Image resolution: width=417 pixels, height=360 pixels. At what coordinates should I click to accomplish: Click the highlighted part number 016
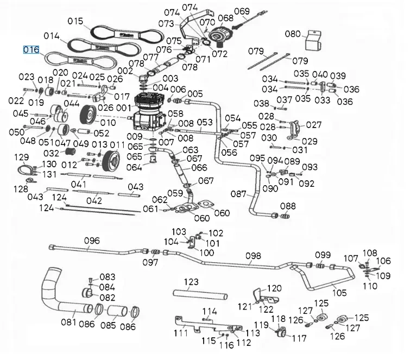pyautogui.click(x=31, y=50)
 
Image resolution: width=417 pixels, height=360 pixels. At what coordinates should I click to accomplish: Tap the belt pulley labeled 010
pyautogui.click(x=87, y=116)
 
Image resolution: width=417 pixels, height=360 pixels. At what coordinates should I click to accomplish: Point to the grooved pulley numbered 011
pyautogui.click(x=111, y=160)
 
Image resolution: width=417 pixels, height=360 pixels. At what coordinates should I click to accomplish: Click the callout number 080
pyautogui.click(x=293, y=34)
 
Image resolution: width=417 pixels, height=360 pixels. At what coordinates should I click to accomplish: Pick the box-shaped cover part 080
pyautogui.click(x=313, y=40)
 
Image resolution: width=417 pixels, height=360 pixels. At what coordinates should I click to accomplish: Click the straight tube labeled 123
pyautogui.click(x=200, y=295)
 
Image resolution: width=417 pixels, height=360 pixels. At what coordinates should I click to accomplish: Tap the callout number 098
pyautogui.click(x=253, y=256)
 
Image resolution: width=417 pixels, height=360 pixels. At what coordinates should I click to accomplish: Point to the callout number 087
pyautogui.click(x=238, y=194)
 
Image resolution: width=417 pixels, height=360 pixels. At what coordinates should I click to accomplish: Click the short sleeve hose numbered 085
pyautogui.click(x=117, y=311)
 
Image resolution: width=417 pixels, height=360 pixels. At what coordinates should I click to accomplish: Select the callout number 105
pyautogui.click(x=339, y=293)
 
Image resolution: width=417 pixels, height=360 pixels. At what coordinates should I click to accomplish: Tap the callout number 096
pyautogui.click(x=92, y=241)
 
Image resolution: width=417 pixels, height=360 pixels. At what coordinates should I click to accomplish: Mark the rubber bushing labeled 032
pyautogui.click(x=71, y=152)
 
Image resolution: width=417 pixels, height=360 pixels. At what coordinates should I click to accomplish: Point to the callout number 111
pyautogui.click(x=181, y=333)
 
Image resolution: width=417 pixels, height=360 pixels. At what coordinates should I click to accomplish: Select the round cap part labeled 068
pyautogui.click(x=220, y=36)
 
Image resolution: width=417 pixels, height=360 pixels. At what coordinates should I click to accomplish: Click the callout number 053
pyautogui.click(x=205, y=122)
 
